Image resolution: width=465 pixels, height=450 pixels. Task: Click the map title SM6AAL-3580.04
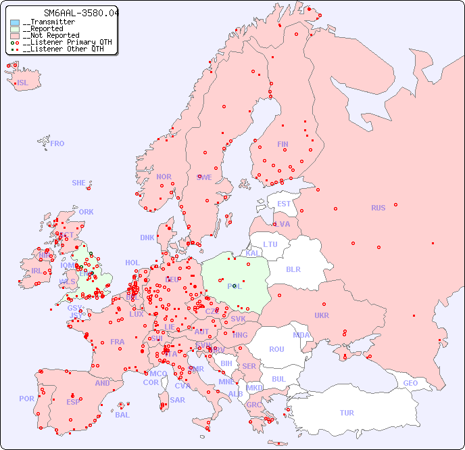tap(80, 13)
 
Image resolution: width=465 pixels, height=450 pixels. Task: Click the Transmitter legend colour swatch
tap(15, 22)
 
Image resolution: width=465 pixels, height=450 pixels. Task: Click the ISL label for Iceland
tap(23, 83)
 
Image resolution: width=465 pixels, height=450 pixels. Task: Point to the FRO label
tap(57, 143)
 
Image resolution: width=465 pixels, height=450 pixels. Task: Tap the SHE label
tap(79, 183)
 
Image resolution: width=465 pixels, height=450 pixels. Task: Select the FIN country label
tap(283, 144)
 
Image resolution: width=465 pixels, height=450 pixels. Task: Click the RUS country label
tap(378, 208)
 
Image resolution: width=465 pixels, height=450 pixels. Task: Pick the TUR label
tap(347, 413)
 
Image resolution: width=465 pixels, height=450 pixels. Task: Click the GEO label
tap(410, 383)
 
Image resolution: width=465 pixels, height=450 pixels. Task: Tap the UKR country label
tap(322, 315)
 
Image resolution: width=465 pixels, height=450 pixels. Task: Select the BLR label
tap(293, 269)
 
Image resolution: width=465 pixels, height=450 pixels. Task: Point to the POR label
tap(26, 399)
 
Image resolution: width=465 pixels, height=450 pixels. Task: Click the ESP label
tap(73, 401)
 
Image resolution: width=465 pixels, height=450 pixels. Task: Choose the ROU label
tap(276, 349)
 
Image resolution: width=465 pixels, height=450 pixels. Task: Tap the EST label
tap(284, 204)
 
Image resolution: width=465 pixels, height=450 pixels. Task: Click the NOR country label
tap(164, 177)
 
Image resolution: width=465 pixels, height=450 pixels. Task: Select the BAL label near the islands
tap(122, 415)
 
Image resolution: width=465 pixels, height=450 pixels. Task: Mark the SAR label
tap(177, 400)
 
